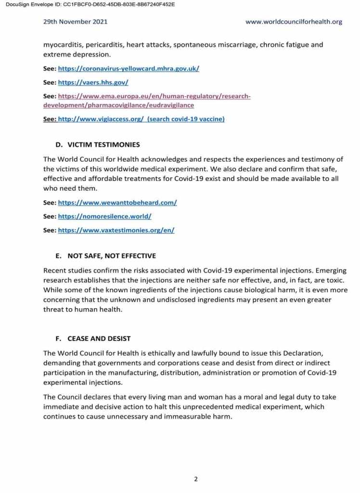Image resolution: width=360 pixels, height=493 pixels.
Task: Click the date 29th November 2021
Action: [75, 22]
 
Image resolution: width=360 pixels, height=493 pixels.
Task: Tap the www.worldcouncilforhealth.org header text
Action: [294, 22]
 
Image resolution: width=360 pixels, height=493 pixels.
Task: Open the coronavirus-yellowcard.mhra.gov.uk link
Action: [129, 68]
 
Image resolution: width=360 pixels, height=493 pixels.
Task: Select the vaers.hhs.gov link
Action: [93, 82]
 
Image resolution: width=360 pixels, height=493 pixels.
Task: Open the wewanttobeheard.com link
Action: [117, 203]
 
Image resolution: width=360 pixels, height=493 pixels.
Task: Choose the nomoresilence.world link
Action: [105, 217]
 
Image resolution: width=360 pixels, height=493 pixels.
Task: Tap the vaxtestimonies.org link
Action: [116, 231]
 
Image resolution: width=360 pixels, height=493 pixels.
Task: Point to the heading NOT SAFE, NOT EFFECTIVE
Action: [112, 256]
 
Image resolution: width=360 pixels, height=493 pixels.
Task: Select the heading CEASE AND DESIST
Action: [99, 339]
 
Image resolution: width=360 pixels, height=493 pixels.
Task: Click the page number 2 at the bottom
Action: [196, 479]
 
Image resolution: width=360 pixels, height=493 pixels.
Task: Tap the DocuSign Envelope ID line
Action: [88, 4]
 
